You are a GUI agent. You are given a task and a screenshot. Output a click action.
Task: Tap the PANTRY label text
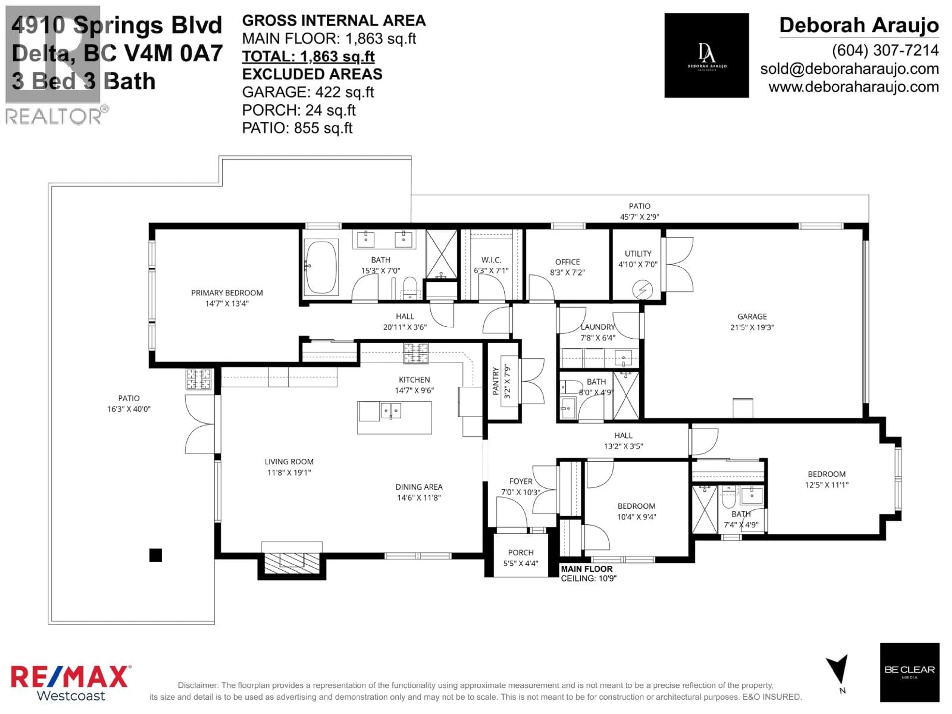pyautogui.click(x=495, y=381)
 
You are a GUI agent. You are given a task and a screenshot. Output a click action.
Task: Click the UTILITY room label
pyautogui.click(x=638, y=254)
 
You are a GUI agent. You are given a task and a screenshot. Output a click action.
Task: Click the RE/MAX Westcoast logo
pyautogui.click(x=70, y=683)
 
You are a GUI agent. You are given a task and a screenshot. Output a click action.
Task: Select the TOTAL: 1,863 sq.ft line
pyautogui.click(x=308, y=56)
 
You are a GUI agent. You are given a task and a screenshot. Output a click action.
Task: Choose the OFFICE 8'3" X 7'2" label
pyautogui.click(x=567, y=267)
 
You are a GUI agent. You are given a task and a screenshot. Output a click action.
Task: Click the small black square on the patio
pyautogui.click(x=156, y=555)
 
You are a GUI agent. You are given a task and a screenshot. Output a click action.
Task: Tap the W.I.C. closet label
pyautogui.click(x=491, y=260)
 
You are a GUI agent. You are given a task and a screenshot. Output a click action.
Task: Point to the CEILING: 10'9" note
pyautogui.click(x=588, y=578)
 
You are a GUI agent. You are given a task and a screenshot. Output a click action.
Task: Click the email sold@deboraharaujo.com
pyautogui.click(x=849, y=69)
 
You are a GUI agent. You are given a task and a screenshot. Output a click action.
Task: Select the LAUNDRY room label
pyautogui.click(x=598, y=327)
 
